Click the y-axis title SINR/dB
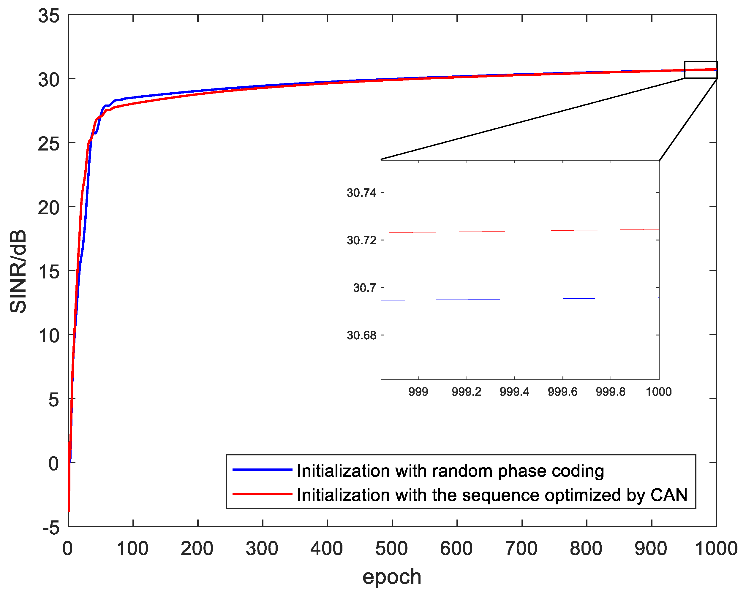(x=18, y=272)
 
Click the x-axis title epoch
(x=392, y=577)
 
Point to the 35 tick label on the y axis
(x=49, y=16)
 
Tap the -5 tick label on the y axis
(x=51, y=528)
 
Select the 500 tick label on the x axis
(x=392, y=548)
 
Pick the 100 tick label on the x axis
(x=132, y=548)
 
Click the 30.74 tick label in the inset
(x=361, y=193)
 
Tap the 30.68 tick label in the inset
(x=361, y=335)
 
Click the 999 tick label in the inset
(x=418, y=392)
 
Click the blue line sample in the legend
(x=262, y=470)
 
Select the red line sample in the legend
(x=262, y=494)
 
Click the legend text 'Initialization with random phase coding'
(x=450, y=471)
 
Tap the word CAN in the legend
(x=668, y=495)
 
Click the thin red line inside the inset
(x=519, y=231)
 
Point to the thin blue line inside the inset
(x=519, y=299)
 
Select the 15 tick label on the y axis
(x=49, y=272)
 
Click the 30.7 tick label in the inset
(x=364, y=287)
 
